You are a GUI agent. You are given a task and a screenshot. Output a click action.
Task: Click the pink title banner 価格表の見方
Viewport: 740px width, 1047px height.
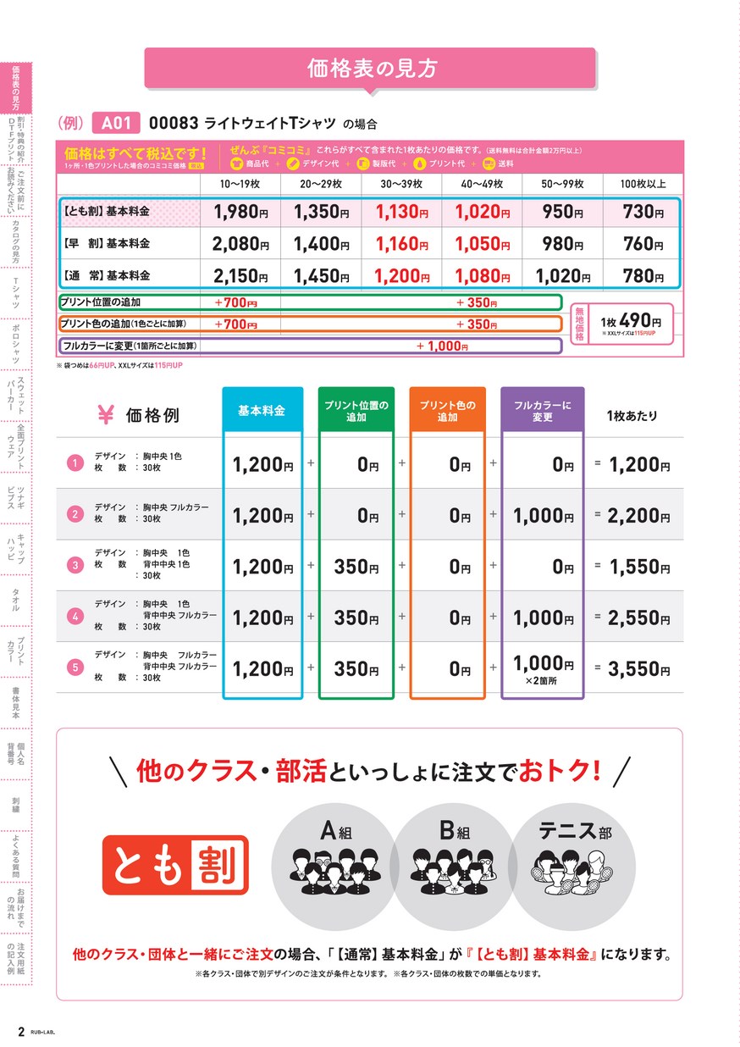point(373,69)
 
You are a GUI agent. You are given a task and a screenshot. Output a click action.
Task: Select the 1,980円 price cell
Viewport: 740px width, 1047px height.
point(240,213)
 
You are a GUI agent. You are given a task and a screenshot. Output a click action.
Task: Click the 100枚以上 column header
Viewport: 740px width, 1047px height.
point(643,184)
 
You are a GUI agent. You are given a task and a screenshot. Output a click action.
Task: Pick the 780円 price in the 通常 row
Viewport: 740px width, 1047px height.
point(643,275)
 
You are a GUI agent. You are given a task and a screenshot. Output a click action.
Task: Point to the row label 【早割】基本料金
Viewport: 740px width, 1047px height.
point(107,244)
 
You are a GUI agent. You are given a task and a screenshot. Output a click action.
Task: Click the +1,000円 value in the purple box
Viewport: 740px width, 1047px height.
point(442,346)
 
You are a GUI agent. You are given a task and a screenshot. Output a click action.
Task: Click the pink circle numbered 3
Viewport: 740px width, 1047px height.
point(75,566)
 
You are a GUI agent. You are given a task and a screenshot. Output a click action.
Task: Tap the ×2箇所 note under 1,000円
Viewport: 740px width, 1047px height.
point(543,681)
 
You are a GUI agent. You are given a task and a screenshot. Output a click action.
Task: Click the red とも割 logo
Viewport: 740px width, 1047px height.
point(175,865)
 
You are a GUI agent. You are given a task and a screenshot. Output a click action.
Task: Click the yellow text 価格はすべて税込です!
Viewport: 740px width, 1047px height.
point(135,153)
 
